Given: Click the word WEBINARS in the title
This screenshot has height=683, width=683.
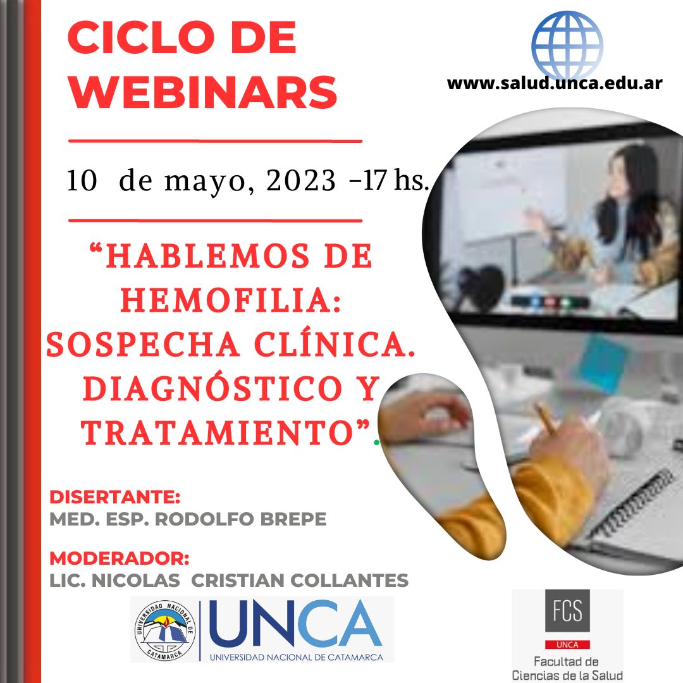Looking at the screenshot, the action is pyautogui.click(x=203, y=92).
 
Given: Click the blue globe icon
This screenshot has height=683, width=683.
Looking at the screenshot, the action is pyautogui.click(x=567, y=45).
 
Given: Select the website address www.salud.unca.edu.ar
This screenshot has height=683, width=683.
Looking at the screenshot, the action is pyautogui.click(x=555, y=83).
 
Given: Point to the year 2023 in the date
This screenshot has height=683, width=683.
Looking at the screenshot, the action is pyautogui.click(x=301, y=180).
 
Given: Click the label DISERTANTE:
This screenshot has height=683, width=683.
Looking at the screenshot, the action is pyautogui.click(x=115, y=497).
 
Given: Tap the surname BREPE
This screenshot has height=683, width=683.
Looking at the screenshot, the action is pyautogui.click(x=293, y=519).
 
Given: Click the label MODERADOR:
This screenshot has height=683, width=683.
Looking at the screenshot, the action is pyautogui.click(x=120, y=558).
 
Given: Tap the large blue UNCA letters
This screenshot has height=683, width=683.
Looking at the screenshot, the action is pyautogui.click(x=295, y=624).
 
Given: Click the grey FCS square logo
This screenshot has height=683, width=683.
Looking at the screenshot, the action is pyautogui.click(x=567, y=611).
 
